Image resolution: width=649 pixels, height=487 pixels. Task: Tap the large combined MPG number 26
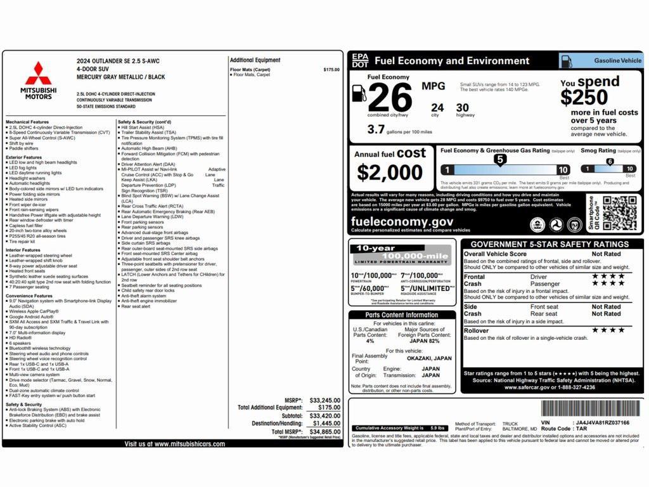[x=390, y=97]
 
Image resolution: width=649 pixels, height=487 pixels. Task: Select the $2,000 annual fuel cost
[x=389, y=172]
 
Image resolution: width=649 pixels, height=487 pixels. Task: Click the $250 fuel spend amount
[x=584, y=98]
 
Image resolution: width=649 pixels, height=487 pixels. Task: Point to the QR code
[x=619, y=213]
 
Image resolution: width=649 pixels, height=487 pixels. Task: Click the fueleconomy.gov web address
[x=402, y=221]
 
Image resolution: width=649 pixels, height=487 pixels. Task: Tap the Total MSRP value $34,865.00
[x=325, y=432]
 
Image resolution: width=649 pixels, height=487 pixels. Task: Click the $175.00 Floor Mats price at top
[x=331, y=70]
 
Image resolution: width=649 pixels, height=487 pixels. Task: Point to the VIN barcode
[x=590, y=408]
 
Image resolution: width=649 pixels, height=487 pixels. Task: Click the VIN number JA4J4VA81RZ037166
[x=602, y=422]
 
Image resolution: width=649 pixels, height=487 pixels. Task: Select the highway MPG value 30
[x=463, y=108]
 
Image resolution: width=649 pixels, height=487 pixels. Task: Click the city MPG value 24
[x=437, y=108]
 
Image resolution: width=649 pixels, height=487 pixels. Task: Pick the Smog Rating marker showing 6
[x=610, y=162]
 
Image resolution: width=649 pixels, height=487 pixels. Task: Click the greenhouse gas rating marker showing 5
[x=499, y=160]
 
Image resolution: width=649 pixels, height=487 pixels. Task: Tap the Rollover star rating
[x=608, y=330]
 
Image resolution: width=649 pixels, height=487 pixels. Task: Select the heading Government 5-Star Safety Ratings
[x=549, y=244]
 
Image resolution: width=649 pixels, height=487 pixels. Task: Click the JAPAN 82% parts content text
[x=434, y=341]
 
